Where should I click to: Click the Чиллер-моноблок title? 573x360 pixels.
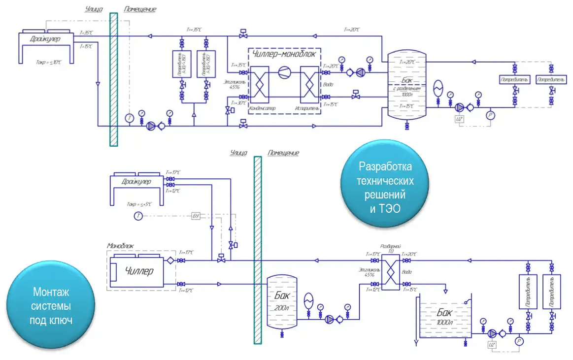(283, 54)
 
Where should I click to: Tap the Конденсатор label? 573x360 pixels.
(263, 107)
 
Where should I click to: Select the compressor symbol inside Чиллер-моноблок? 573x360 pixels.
(284, 73)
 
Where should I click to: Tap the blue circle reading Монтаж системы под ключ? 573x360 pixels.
(52, 305)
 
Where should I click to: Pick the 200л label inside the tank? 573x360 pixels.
(282, 308)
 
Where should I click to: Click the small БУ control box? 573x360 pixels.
(196, 216)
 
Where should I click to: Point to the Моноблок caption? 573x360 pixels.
(120, 245)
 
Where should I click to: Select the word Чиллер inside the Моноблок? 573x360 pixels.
(139, 271)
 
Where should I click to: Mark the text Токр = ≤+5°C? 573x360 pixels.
(138, 203)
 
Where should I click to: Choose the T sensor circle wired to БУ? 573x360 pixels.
(139, 216)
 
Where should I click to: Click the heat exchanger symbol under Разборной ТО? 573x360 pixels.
(391, 272)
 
